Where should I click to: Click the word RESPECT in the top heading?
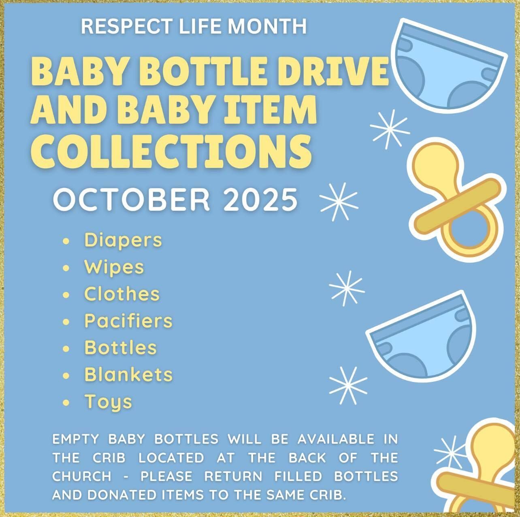click(127, 26)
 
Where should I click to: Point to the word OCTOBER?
click(131, 200)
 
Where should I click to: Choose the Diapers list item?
click(123, 240)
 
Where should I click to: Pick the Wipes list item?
click(114, 267)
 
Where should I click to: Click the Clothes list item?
click(122, 294)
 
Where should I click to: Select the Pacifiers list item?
click(128, 321)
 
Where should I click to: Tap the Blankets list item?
click(128, 375)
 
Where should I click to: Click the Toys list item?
click(108, 402)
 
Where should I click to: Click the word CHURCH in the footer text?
click(81, 476)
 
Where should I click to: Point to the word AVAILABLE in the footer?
click(336, 439)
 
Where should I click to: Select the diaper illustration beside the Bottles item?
click(421, 337)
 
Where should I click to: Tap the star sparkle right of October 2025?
click(339, 202)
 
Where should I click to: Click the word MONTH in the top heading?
click(267, 26)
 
